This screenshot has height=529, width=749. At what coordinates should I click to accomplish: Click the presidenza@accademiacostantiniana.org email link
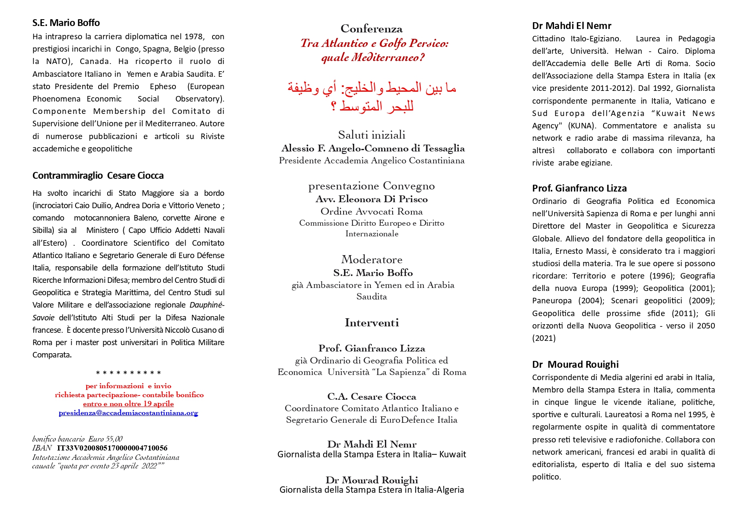(x=128, y=413)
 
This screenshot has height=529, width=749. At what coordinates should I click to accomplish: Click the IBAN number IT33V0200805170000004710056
(x=112, y=448)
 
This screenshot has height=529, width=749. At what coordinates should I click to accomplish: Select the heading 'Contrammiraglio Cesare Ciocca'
(x=98, y=176)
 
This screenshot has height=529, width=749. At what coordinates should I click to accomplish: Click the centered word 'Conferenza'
(x=371, y=29)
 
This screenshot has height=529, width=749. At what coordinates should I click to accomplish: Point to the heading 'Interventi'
(x=371, y=323)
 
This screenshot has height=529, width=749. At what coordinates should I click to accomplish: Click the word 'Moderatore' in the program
(x=371, y=260)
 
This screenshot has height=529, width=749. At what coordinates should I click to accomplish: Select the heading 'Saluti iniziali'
(x=371, y=135)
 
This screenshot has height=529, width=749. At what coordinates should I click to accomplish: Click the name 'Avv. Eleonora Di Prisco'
(x=371, y=199)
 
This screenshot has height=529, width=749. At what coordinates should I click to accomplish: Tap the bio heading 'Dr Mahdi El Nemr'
(x=571, y=26)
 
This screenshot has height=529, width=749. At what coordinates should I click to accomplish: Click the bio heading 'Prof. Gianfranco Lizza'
(x=579, y=189)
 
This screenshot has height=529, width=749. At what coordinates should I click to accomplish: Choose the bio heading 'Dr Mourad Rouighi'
(x=575, y=365)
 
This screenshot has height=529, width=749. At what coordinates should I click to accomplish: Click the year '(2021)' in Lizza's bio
(x=544, y=338)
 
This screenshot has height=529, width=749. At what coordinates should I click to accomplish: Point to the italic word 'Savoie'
(x=44, y=318)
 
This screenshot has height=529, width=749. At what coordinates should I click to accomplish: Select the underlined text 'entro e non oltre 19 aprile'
(x=128, y=404)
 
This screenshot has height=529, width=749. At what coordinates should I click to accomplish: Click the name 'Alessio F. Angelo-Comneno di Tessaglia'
(x=373, y=148)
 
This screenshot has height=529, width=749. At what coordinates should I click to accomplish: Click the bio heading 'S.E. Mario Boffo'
(x=66, y=23)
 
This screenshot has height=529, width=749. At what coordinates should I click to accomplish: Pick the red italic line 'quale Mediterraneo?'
(x=373, y=58)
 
